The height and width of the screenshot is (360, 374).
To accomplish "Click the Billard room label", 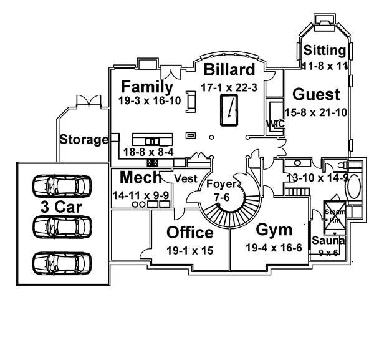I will click(x=229, y=69).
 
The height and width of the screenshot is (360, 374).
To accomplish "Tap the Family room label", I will click(x=147, y=86).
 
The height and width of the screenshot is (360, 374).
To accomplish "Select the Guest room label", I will click(x=317, y=94).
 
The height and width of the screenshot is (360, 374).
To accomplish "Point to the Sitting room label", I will click(x=325, y=51).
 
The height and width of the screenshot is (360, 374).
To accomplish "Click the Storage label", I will click(x=84, y=139).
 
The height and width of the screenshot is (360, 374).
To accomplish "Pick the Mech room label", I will click(x=140, y=178).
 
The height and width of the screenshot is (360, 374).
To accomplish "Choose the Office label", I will click(x=190, y=233).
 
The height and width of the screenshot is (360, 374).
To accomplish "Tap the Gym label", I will click(x=274, y=230).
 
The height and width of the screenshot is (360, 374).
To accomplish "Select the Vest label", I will click(x=186, y=178).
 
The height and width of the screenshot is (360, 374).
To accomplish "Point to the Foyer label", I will click(x=221, y=184).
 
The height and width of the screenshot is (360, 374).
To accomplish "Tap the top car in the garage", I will click(x=61, y=185).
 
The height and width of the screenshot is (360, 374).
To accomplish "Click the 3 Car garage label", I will click(x=62, y=207).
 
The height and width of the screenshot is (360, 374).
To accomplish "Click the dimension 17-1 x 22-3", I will click(x=229, y=87).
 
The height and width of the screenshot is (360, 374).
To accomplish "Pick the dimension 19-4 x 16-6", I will click(x=274, y=248).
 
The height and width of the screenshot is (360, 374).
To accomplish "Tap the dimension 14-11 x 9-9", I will click(x=140, y=195).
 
